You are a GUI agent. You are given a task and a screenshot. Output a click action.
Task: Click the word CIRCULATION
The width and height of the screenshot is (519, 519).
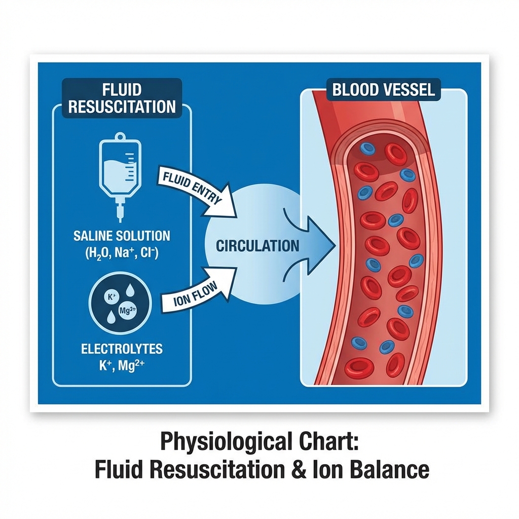coord(257,246)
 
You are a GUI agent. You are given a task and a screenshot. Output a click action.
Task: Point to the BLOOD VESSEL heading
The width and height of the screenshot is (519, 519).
coord(383,90)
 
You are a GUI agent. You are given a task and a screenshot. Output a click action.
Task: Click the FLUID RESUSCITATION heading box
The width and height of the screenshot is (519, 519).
coord(122,98)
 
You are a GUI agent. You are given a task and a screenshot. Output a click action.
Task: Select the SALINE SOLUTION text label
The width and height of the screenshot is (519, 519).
coord(122,236)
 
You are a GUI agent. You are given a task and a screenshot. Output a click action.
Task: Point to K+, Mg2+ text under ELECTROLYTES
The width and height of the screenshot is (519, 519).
coord(122,365)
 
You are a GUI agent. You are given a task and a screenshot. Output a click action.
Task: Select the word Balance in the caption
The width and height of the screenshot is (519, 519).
coord(388,469)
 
